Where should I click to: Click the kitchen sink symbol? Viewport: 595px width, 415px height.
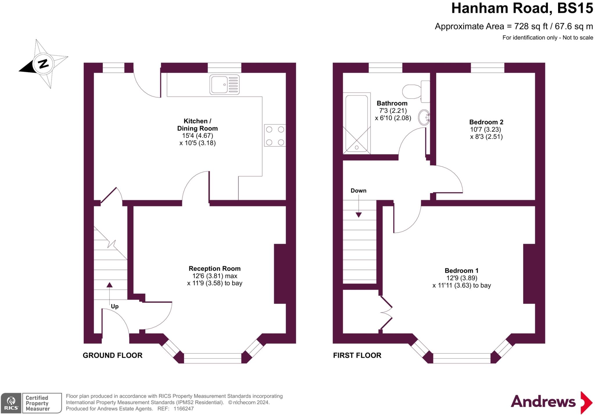(x=224, y=85)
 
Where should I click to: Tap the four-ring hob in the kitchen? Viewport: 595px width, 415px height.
(x=275, y=136)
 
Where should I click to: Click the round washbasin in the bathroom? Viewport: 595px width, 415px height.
(x=424, y=117)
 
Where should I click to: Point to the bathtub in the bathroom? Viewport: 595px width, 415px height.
(x=356, y=123)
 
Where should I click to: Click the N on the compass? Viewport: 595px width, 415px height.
(x=44, y=63)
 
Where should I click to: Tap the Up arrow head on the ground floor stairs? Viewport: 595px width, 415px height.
(x=109, y=285)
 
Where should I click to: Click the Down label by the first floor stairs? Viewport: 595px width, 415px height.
(x=358, y=191)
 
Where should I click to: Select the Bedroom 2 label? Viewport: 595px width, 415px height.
(x=486, y=122)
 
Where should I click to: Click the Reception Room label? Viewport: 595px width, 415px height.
(x=214, y=269)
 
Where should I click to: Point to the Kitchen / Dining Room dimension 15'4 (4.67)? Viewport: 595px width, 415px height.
(x=198, y=136)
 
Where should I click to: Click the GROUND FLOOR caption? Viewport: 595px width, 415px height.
(x=112, y=355)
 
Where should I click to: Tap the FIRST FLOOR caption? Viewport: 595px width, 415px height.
(x=357, y=355)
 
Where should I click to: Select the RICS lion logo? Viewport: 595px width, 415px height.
(x=11, y=403)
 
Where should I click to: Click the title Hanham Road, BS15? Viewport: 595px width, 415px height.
(x=522, y=8)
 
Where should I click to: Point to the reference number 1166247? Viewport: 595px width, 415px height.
(x=183, y=409)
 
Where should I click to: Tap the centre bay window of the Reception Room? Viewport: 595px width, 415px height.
(x=212, y=358)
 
